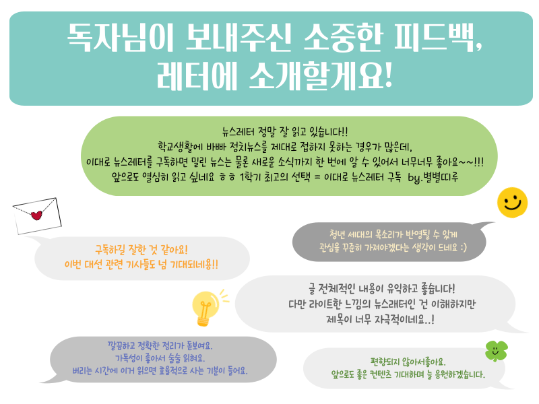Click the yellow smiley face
click(x=512, y=203)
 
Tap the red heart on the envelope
click(x=36, y=215)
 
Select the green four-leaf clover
click(x=496, y=351)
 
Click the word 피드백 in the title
click(x=438, y=38)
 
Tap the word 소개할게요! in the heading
click(x=321, y=75)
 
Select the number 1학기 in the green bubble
click(x=251, y=177)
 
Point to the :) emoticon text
click(x=464, y=247)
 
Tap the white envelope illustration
click(x=37, y=215)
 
